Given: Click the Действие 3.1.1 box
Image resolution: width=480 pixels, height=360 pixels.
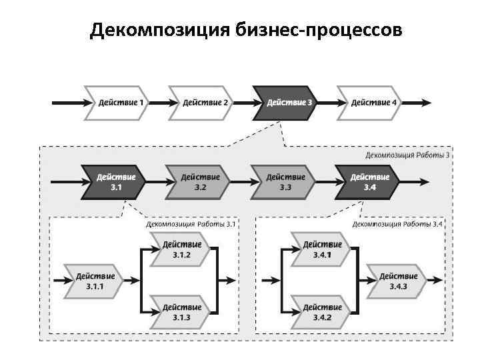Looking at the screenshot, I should (x=95, y=281).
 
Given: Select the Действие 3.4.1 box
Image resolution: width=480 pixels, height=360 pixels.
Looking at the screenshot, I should (x=322, y=249).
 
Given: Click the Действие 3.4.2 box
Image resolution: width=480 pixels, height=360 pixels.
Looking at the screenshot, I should (x=322, y=312).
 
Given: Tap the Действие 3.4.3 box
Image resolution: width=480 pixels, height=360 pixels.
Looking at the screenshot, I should (x=399, y=281).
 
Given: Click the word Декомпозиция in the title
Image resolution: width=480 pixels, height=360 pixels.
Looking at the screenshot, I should (x=160, y=31).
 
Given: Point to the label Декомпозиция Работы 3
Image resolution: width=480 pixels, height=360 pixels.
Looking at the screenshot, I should (x=407, y=155).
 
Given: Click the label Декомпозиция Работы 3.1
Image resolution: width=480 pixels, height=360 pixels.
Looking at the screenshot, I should (x=191, y=224).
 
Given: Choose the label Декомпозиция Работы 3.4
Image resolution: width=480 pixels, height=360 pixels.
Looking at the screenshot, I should (x=397, y=224).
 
